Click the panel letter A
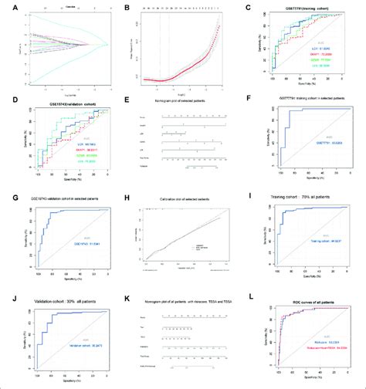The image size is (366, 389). point(5,7)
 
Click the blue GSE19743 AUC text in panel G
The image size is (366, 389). point(78,245)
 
